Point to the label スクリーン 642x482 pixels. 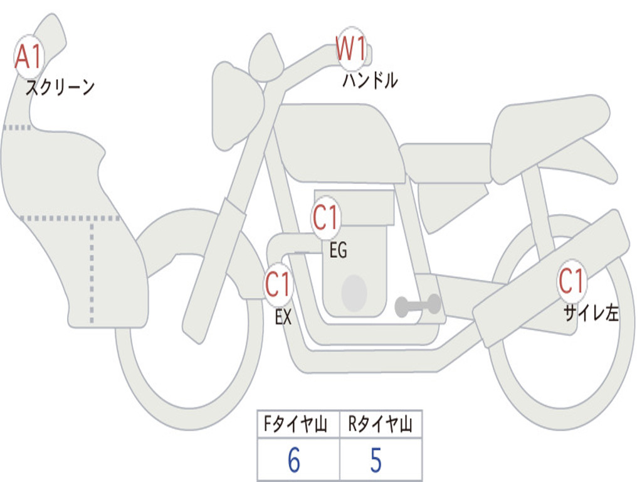pos(60,87)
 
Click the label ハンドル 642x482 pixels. pos(370,80)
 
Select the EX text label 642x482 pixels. pos(283,318)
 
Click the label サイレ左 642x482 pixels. pos(591,313)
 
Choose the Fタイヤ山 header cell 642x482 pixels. pos(298,426)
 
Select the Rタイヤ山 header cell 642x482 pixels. pos(381,426)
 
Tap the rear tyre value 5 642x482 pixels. pos(376,461)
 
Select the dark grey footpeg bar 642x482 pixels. pos(418,306)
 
